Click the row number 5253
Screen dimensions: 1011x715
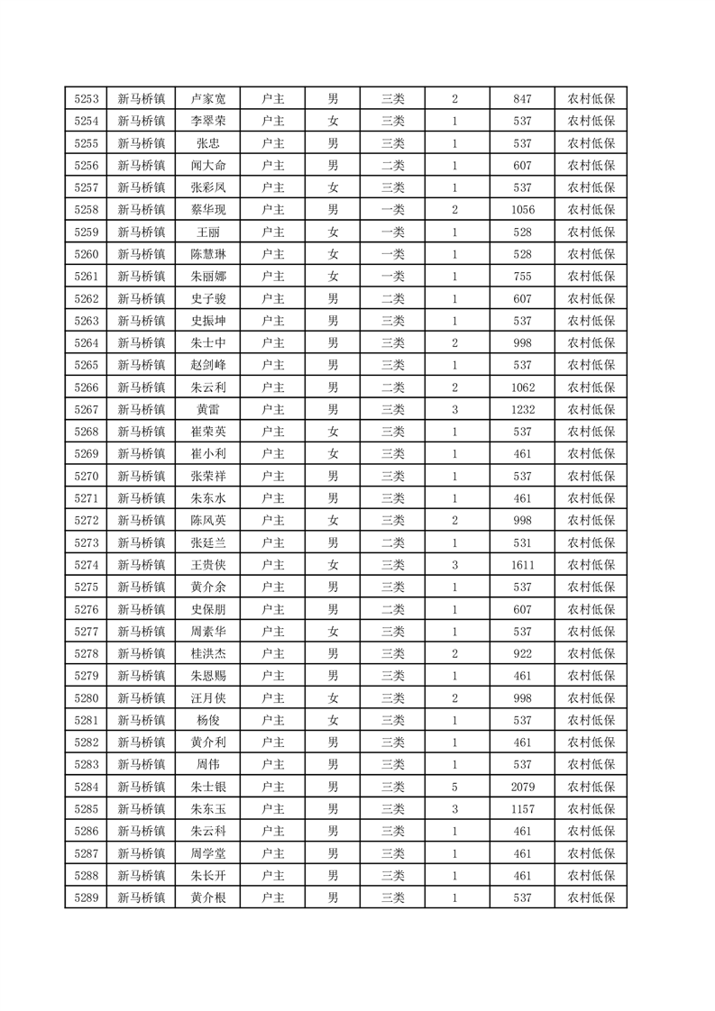point(86,99)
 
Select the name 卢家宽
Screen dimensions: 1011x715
point(208,99)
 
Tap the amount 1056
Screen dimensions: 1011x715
point(522,209)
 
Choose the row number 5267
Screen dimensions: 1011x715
point(86,409)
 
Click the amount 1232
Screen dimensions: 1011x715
point(522,409)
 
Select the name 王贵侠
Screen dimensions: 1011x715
point(208,565)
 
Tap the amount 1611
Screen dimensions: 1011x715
point(522,565)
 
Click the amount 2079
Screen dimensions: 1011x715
point(522,787)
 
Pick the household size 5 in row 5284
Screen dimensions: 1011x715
point(454,787)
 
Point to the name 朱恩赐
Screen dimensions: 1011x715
point(208,676)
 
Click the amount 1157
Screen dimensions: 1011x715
point(522,809)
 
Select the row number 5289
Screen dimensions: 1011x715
point(86,897)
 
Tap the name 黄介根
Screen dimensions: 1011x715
point(208,897)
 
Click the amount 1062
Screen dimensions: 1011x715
point(522,387)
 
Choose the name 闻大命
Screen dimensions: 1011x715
point(208,166)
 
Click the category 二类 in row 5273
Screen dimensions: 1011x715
point(393,542)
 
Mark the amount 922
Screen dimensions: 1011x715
point(522,653)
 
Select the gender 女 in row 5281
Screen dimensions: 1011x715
point(333,720)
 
